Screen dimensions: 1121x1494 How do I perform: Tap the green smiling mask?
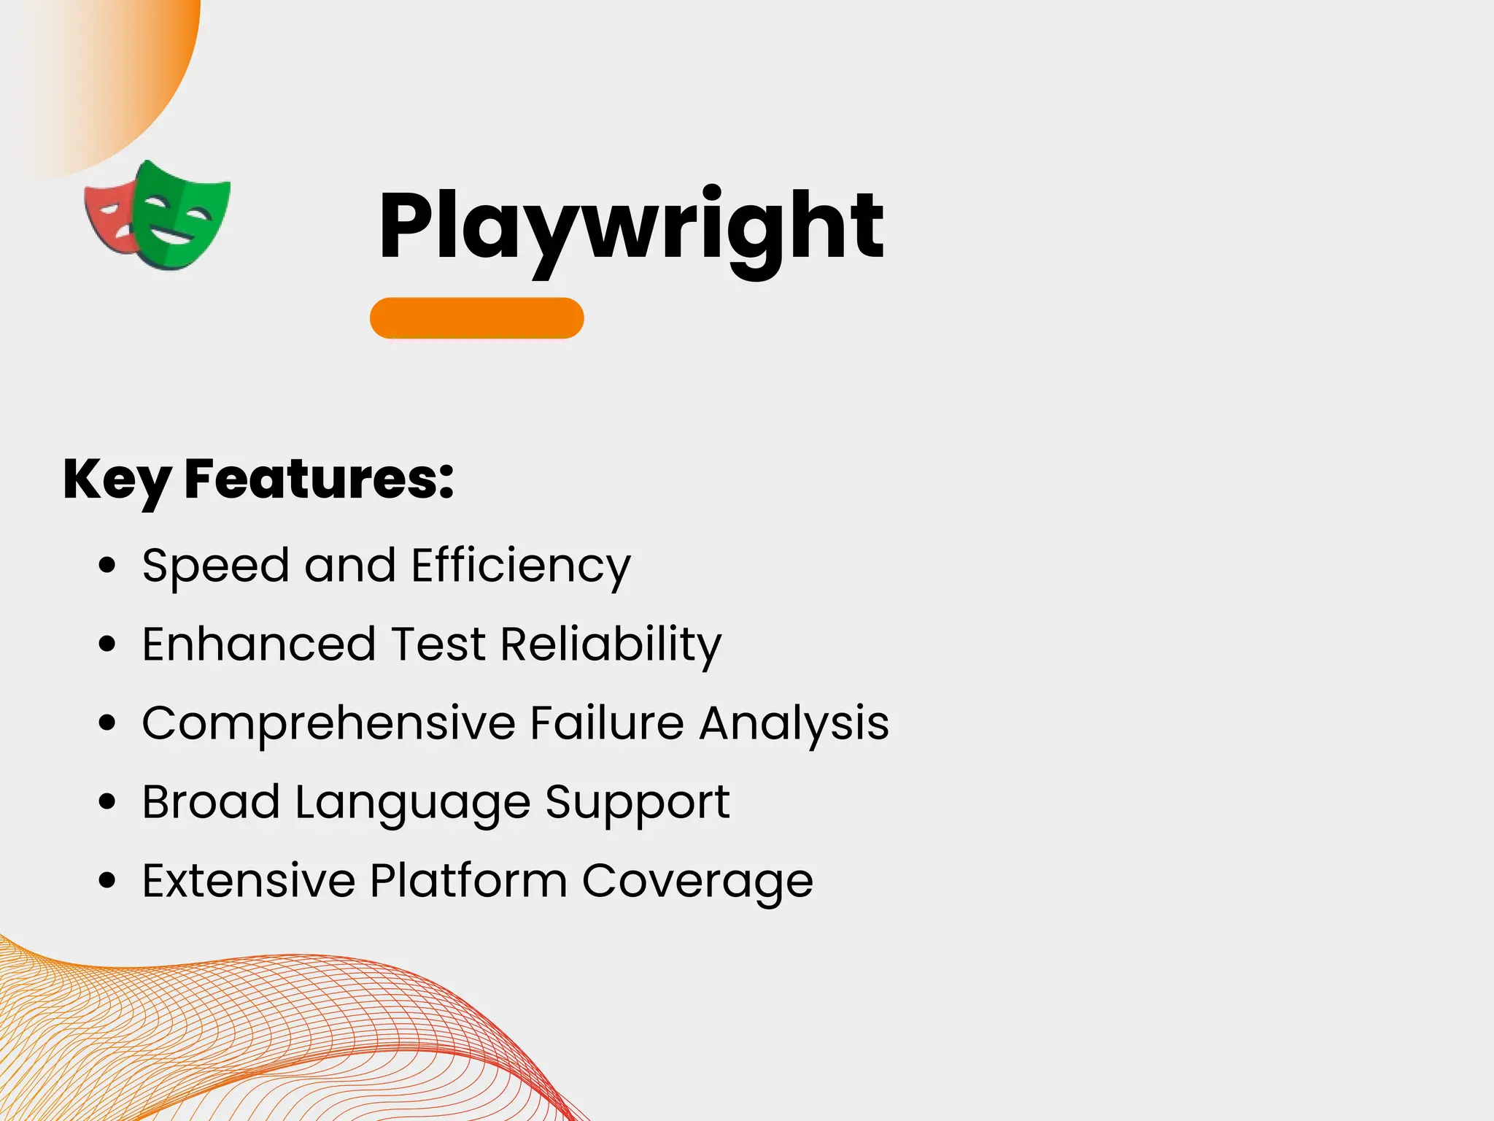(182, 215)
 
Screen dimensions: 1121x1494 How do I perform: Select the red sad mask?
(108, 217)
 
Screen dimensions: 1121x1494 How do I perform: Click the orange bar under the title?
(477, 318)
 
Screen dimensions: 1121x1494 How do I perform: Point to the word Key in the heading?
(117, 480)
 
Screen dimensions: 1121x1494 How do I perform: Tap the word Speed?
(215, 566)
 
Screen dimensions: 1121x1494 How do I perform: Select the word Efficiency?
(521, 566)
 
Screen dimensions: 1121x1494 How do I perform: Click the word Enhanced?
(258, 644)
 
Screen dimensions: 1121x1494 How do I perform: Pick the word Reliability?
(611, 644)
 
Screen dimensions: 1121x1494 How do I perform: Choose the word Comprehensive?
(329, 723)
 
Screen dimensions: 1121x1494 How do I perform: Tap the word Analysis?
(794, 723)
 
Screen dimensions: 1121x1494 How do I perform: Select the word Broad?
(211, 802)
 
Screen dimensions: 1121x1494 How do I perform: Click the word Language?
(413, 804)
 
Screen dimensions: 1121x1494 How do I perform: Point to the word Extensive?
(249, 881)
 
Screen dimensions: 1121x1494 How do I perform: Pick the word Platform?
(468, 881)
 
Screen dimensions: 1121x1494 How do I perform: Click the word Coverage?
(697, 882)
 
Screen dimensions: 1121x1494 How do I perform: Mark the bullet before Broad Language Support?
(107, 802)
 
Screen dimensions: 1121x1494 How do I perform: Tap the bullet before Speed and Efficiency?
(107, 566)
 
